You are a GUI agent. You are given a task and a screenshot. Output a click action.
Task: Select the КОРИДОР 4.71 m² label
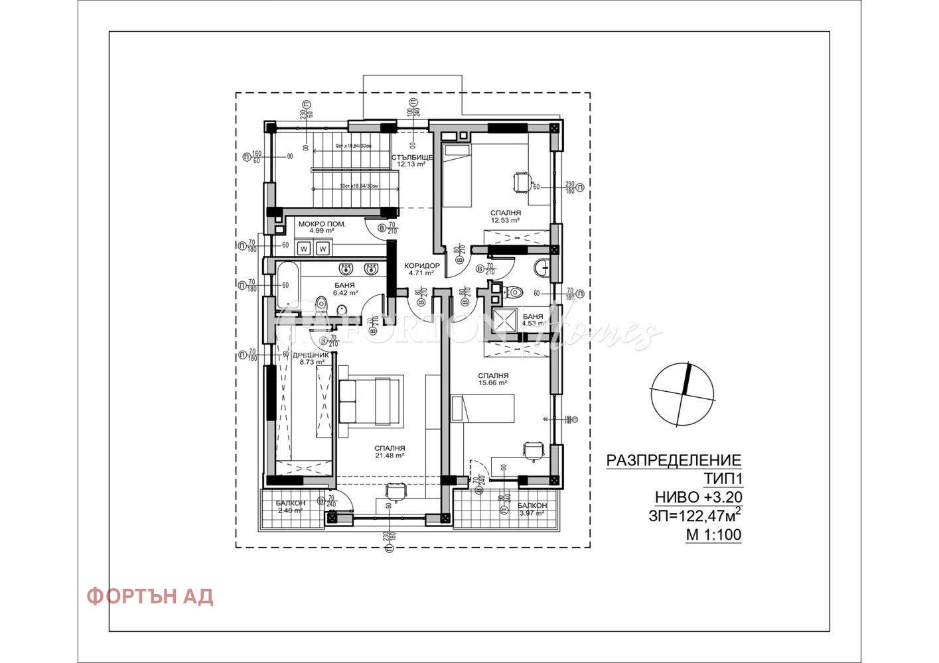(x=422, y=269)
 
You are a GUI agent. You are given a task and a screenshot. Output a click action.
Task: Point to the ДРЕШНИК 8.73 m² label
(x=311, y=359)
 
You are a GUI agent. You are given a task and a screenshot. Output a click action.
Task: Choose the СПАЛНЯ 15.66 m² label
(x=493, y=379)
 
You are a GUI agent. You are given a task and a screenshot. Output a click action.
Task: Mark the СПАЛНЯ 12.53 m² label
(x=505, y=216)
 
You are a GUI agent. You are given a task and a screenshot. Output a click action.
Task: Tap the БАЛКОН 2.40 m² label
(x=291, y=507)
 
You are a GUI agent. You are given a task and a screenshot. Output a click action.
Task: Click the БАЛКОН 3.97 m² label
(x=532, y=509)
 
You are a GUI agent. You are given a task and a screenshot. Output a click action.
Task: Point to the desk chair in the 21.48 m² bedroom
(x=396, y=490)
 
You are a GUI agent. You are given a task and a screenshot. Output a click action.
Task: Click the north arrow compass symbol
(x=683, y=394)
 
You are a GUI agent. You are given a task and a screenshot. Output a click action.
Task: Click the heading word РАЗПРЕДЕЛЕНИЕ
(x=674, y=460)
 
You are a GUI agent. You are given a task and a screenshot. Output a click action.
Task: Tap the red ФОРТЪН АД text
(x=149, y=596)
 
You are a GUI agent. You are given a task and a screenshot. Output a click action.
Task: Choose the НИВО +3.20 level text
(x=698, y=497)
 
